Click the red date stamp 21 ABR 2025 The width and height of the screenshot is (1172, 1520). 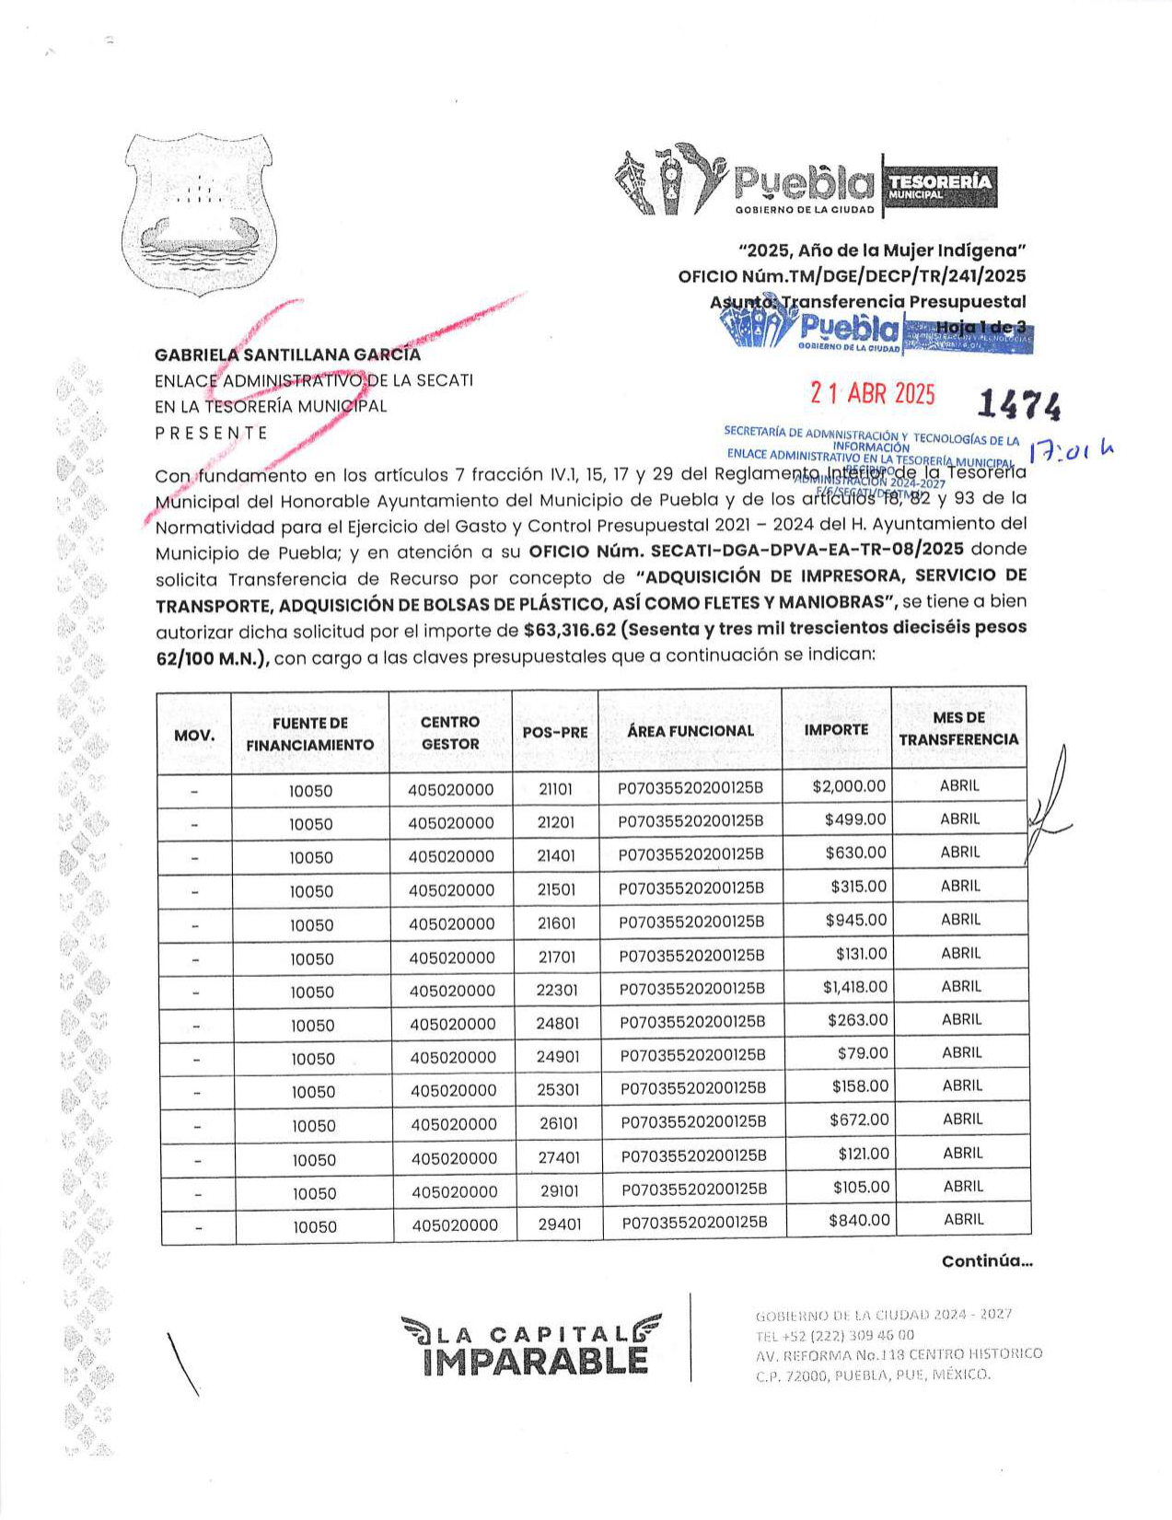[x=872, y=394]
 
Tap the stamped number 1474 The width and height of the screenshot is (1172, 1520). [x=1018, y=404]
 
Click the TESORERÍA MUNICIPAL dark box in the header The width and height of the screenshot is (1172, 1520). [x=940, y=186]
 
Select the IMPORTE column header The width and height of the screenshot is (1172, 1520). [x=836, y=729]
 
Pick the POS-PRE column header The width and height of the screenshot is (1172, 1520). [x=554, y=732]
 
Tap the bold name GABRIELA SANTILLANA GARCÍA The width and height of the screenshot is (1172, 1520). [x=287, y=354]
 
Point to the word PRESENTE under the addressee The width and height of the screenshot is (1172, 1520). [x=211, y=433]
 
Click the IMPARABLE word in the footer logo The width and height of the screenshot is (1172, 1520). [x=536, y=1361]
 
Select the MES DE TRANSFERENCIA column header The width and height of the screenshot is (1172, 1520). [x=958, y=728]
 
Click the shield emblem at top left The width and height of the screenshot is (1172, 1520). [x=200, y=215]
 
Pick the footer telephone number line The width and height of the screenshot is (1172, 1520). [x=834, y=1335]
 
